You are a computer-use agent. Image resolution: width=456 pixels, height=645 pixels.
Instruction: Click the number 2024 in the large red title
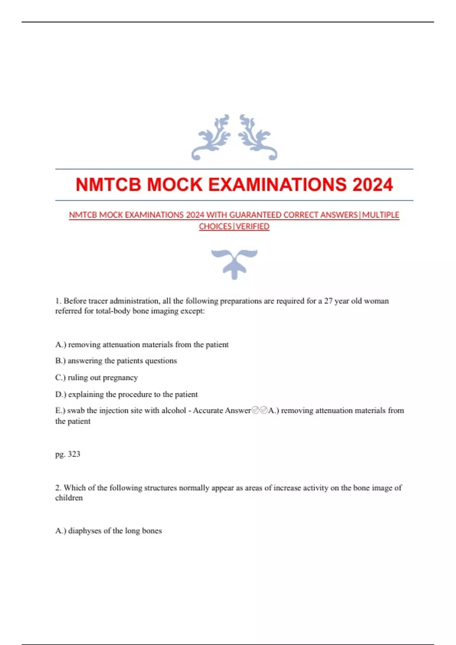click(372, 185)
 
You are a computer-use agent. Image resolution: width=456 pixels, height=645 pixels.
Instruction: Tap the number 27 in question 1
click(328, 301)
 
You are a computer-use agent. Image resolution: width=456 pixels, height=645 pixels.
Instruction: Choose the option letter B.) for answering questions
click(60, 361)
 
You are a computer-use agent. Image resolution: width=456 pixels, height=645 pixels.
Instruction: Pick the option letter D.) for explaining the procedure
click(60, 395)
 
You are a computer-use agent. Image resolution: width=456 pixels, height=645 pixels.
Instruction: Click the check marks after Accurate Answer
click(260, 411)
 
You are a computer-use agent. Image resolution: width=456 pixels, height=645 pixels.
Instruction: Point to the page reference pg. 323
click(68, 454)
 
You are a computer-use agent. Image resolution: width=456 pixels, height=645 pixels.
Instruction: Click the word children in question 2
click(69, 498)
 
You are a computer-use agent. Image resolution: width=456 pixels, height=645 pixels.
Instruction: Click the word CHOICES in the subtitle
click(215, 227)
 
